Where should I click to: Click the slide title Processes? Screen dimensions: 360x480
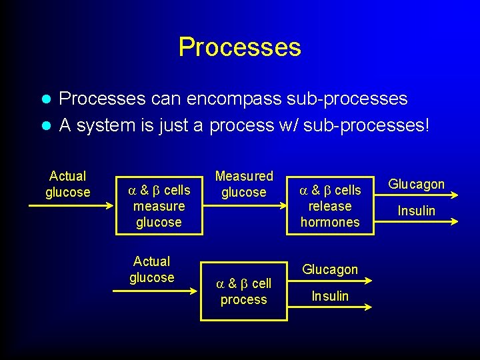pos(239,47)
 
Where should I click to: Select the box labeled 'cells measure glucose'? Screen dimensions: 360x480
pos(159,206)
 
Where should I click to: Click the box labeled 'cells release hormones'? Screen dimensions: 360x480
pos(329,206)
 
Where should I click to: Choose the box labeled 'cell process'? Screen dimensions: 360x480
pos(243,292)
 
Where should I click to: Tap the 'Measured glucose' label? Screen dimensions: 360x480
pos(243,184)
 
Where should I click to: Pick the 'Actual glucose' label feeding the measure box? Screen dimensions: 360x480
pos(67,184)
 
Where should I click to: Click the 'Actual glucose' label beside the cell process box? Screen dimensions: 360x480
pos(152,269)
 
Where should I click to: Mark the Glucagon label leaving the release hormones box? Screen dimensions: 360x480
pos(416,184)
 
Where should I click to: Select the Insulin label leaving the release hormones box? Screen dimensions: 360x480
pos(416,211)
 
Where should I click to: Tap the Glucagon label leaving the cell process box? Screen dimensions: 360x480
pos(330,269)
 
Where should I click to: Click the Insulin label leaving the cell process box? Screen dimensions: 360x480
pos(330,296)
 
